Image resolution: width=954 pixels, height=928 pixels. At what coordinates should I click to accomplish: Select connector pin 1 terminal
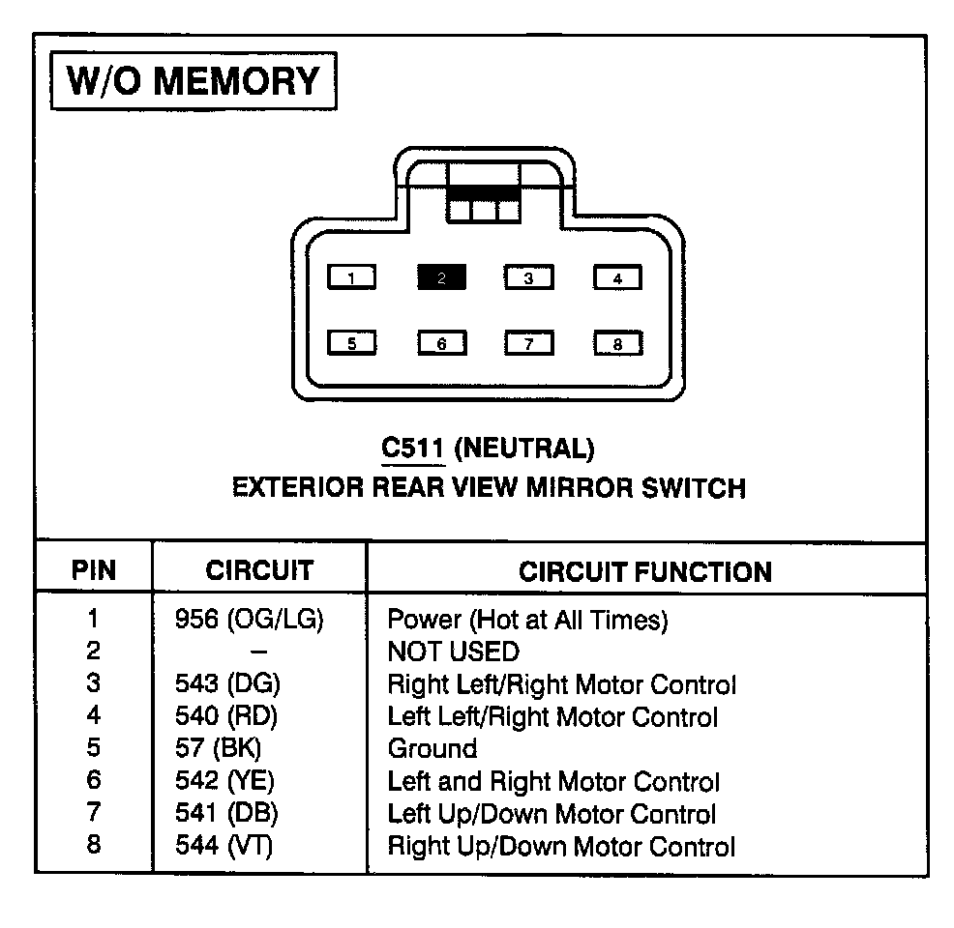pos(352,278)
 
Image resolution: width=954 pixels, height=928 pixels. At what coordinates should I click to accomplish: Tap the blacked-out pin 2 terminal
pos(441,278)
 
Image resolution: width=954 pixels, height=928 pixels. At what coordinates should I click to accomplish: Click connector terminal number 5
pos(352,343)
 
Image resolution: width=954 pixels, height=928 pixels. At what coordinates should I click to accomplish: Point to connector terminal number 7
pos(529,343)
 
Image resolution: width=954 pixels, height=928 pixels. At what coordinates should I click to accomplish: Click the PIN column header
pos(94,570)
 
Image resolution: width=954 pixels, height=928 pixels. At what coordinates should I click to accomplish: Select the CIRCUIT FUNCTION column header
pos(645,571)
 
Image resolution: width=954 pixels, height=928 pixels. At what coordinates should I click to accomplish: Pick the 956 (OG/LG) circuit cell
pos(249,620)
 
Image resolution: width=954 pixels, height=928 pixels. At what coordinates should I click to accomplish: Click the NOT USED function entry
pos(453,652)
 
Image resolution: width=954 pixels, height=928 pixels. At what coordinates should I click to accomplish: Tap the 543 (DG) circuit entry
pos(227,684)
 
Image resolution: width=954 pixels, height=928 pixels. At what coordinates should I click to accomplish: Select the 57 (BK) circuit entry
pos(219,748)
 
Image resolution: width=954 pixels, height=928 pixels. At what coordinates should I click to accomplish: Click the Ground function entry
pos(432,748)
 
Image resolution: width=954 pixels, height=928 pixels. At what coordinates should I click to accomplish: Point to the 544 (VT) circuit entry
pos(224,846)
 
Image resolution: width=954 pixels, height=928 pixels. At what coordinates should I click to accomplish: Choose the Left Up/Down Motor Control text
pos(552,814)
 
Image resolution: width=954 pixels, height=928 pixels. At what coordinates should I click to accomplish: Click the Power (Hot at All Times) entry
pos(527,620)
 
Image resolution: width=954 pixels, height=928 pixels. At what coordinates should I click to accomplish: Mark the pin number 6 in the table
pos(93,781)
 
